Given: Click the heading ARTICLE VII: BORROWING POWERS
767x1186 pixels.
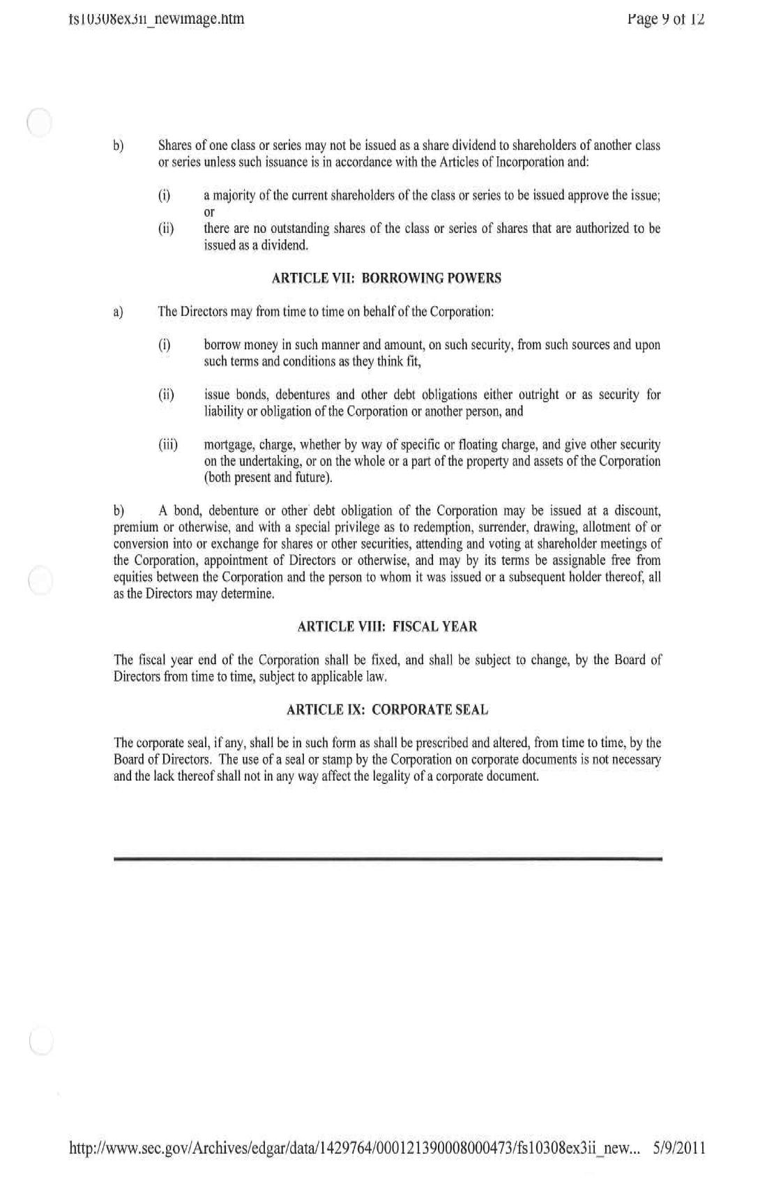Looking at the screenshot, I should coord(386,278).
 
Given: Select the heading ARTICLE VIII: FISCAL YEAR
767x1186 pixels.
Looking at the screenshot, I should coord(387,626).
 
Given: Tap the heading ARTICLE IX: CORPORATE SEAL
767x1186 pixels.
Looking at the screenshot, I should coord(387,710).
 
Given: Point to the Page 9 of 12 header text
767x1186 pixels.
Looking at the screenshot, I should coord(666,19).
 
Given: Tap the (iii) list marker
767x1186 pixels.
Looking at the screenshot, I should coord(168,445).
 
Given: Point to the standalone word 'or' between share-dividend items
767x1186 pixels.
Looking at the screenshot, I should coord(209,212).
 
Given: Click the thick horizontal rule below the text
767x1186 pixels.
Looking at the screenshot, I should coord(387,860).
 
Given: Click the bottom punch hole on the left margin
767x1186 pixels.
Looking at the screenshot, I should coord(41,1041).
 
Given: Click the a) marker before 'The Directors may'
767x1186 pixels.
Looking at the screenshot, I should coord(119,312).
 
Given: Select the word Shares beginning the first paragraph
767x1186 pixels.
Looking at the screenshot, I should coord(174,146).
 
